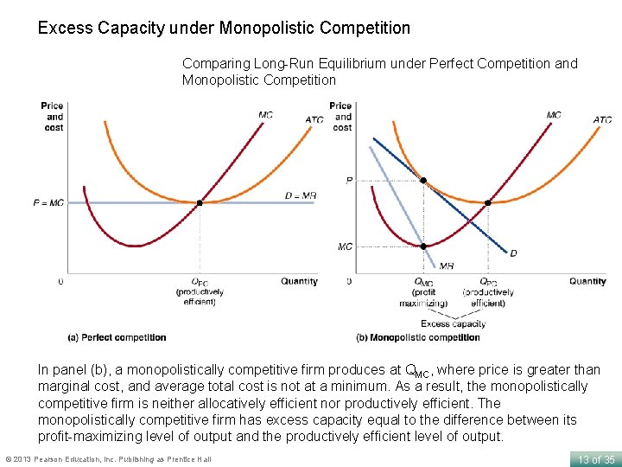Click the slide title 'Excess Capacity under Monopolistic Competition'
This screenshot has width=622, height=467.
click(x=224, y=28)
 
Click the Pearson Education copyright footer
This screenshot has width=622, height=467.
click(x=108, y=458)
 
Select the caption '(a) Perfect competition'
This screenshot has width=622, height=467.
click(x=117, y=337)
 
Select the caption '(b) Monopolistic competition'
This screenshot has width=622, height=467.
click(x=417, y=337)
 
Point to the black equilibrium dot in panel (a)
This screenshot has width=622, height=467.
click(x=200, y=202)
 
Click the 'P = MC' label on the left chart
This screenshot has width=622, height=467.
click(x=48, y=202)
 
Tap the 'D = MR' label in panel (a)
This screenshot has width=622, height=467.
click(x=301, y=196)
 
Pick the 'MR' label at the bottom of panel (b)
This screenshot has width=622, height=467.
click(x=446, y=266)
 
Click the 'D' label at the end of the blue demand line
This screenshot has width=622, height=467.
click(x=513, y=253)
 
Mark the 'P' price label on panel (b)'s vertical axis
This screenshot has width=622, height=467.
click(x=348, y=181)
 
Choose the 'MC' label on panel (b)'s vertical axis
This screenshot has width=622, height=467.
click(x=345, y=246)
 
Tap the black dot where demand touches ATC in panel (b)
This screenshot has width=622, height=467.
click(x=423, y=181)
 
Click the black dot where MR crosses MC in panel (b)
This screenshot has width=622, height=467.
click(x=423, y=246)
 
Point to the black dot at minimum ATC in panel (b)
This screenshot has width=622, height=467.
click(x=488, y=202)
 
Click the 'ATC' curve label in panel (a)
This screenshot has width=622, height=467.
click(x=314, y=119)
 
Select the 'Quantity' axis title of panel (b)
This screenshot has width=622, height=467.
click(x=587, y=281)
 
